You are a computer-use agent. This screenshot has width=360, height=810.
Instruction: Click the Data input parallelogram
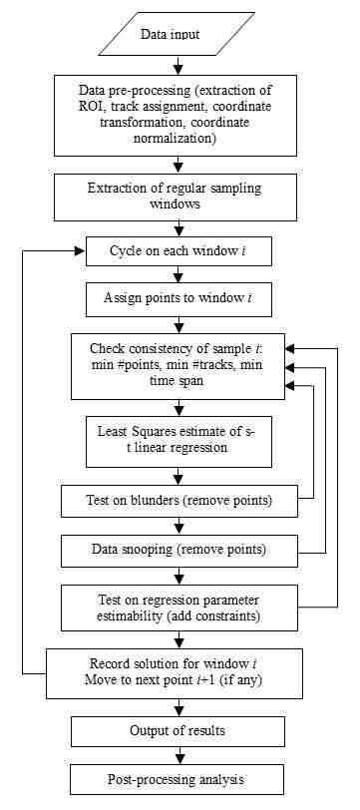pyautogui.click(x=177, y=35)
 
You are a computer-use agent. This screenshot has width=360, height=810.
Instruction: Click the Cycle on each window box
pyautogui.click(x=177, y=249)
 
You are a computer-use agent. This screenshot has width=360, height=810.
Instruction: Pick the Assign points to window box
pyautogui.click(x=177, y=297)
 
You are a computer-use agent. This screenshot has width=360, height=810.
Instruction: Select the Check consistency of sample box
pyautogui.click(x=177, y=364)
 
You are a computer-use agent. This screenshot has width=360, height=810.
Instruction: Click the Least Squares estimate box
pyautogui.click(x=177, y=438)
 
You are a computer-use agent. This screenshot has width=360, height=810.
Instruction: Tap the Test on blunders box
pyautogui.click(x=177, y=499)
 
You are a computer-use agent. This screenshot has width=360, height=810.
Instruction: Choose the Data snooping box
pyautogui.click(x=177, y=548)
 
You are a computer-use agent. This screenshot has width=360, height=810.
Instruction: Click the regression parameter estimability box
pyautogui.click(x=177, y=606)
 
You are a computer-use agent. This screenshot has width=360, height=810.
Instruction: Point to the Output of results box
pyautogui.click(x=177, y=731)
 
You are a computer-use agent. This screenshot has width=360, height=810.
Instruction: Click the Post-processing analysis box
pyautogui.click(x=177, y=778)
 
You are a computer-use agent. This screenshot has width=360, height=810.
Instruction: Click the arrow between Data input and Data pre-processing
pyautogui.click(x=177, y=66)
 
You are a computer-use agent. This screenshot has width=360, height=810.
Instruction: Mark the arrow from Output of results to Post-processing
pyautogui.click(x=177, y=755)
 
